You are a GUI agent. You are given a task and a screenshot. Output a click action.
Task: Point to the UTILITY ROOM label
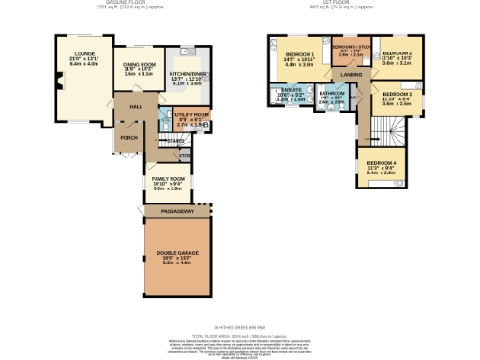[x=191, y=114]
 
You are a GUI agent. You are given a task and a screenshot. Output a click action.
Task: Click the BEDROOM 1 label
[x=298, y=55]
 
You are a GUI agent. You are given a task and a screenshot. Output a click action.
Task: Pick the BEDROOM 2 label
[x=397, y=52]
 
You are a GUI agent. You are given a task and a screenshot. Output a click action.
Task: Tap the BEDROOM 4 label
[x=381, y=164]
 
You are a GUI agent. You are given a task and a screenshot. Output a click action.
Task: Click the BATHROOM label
[x=333, y=94]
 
